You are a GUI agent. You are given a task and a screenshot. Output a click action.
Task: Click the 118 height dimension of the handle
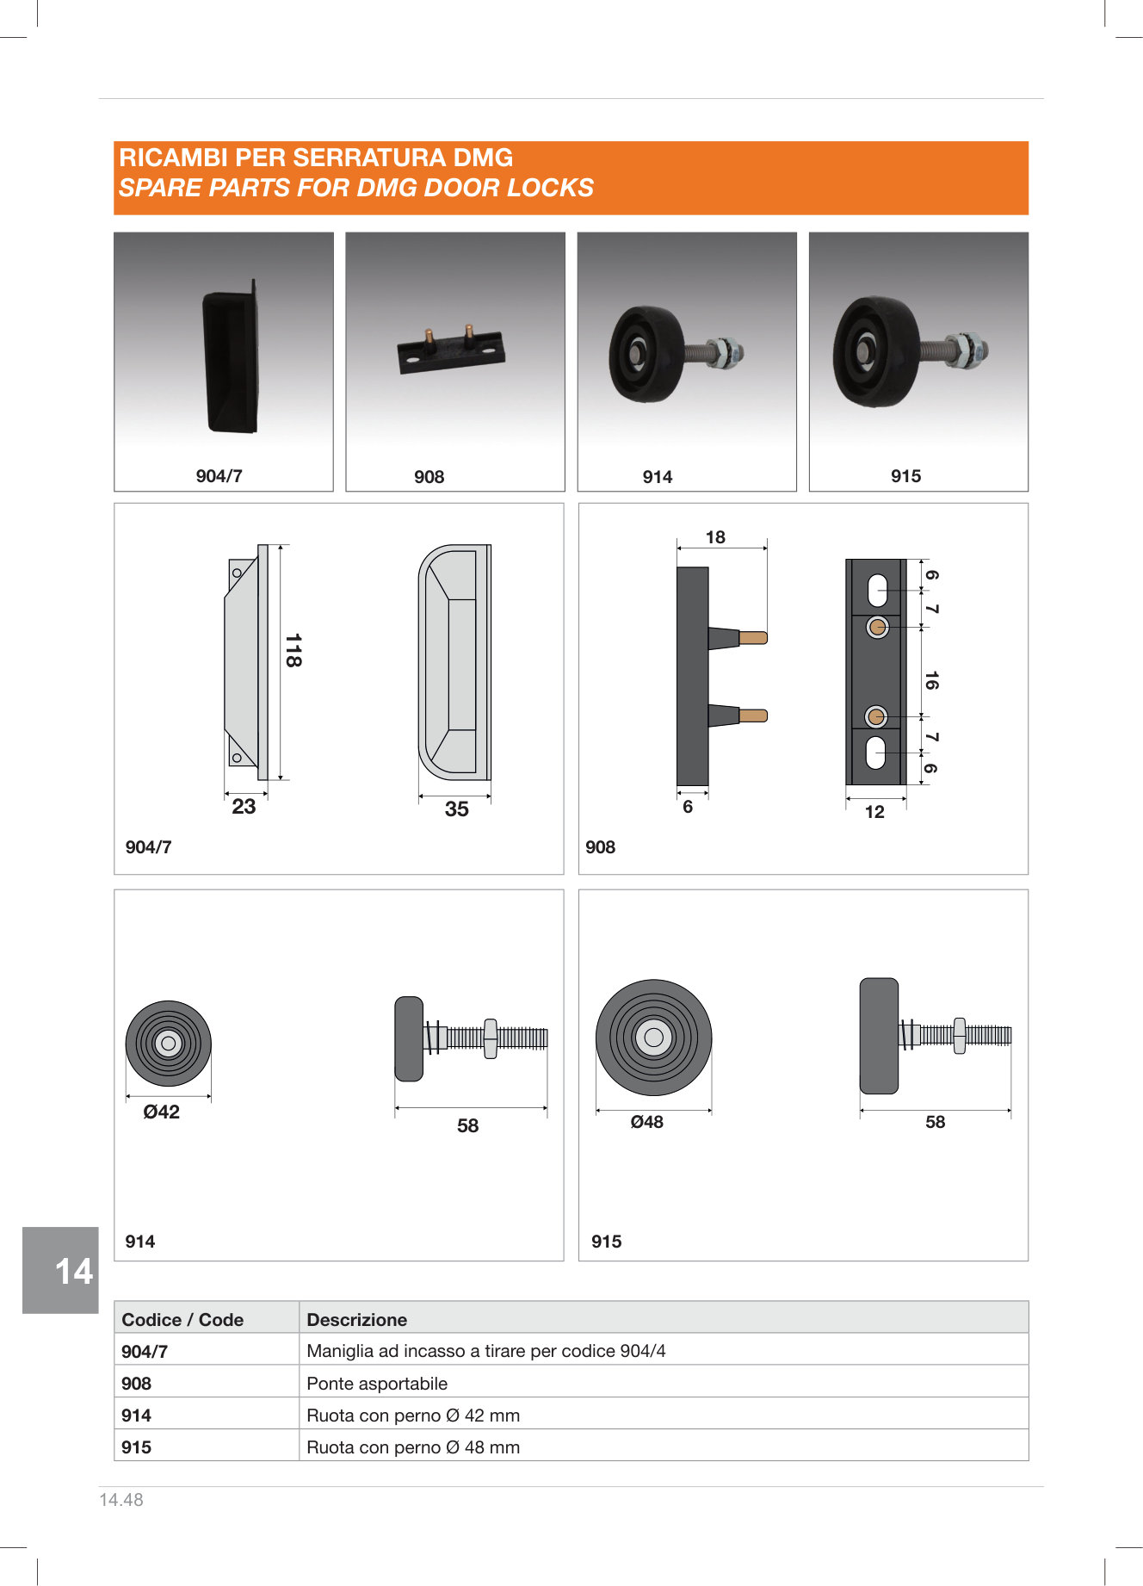pyautogui.click(x=293, y=651)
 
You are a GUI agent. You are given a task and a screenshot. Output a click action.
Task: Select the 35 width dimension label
pyautogui.click(x=457, y=809)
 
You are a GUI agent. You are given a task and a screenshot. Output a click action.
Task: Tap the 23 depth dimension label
pyautogui.click(x=244, y=807)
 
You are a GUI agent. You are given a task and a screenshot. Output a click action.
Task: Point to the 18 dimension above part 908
pyautogui.click(x=715, y=537)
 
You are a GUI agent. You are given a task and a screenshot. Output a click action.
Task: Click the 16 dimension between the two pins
pyautogui.click(x=930, y=680)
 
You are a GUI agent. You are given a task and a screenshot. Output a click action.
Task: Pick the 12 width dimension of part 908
pyautogui.click(x=874, y=812)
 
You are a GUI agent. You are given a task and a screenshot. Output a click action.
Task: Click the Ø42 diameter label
pyautogui.click(x=162, y=1112)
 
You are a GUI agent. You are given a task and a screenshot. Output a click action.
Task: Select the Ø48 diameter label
pyautogui.click(x=647, y=1122)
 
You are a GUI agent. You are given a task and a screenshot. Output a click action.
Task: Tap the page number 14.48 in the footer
pyautogui.click(x=121, y=1500)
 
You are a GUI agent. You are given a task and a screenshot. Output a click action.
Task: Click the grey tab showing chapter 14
pyautogui.click(x=60, y=1271)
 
